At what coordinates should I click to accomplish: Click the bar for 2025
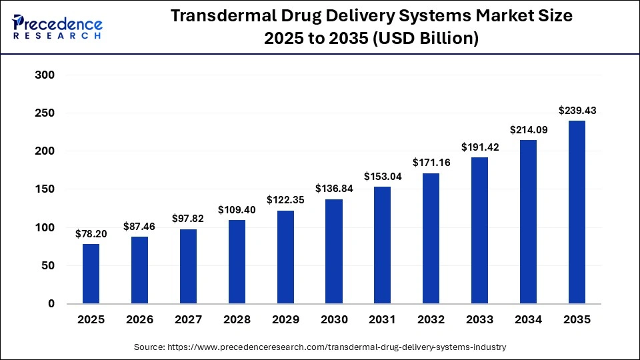91,274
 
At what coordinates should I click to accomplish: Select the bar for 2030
333,251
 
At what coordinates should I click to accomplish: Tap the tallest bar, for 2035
577,212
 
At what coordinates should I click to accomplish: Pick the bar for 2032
431,238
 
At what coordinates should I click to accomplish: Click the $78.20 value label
91,233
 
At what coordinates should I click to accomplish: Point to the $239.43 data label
577,110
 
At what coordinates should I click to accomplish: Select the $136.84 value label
333,189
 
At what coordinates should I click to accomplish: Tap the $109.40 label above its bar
237,209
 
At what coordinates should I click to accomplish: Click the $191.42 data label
479,147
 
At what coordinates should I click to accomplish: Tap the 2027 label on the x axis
188,320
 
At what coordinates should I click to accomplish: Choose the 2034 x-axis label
528,320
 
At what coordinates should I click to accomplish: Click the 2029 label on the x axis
285,320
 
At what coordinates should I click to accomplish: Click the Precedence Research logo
57,26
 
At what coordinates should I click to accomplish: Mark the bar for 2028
237,262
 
